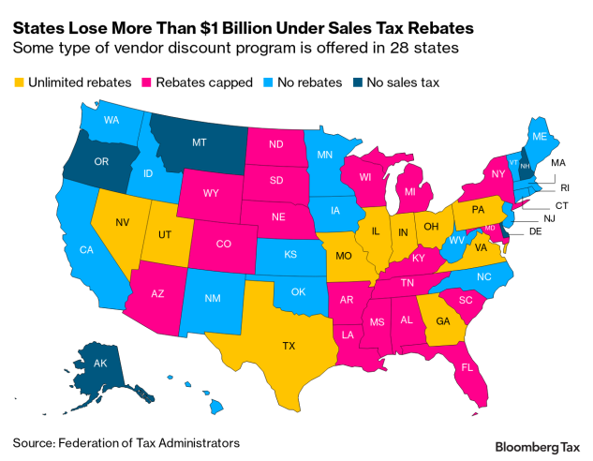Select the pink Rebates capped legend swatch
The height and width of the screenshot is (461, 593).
(x=150, y=82)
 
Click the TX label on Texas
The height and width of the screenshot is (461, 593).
(x=289, y=346)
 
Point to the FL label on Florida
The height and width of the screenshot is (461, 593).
(x=466, y=368)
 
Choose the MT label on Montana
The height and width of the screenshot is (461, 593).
(x=199, y=142)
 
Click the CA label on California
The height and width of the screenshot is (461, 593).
(x=86, y=250)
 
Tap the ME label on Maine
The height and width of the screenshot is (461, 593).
(x=539, y=136)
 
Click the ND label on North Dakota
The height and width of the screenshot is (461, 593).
(x=275, y=144)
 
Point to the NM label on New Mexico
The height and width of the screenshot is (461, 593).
(x=214, y=297)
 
